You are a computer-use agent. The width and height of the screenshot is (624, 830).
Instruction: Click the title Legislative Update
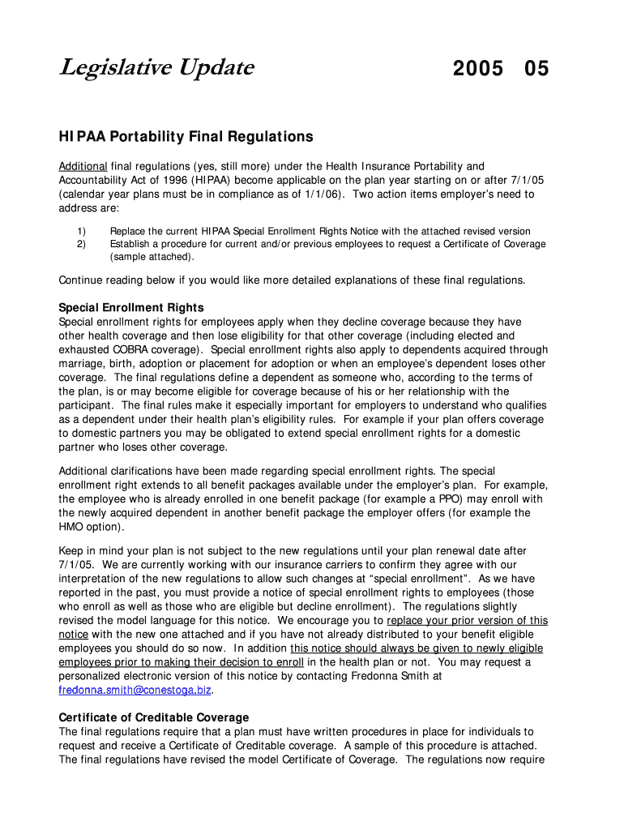[156, 67]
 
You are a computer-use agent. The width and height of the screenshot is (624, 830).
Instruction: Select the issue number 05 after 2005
[536, 69]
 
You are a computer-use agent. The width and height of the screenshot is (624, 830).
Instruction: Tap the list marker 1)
[81, 231]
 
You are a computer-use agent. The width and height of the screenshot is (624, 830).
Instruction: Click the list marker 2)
[81, 244]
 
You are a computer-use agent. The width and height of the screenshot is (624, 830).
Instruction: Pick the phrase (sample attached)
[152, 257]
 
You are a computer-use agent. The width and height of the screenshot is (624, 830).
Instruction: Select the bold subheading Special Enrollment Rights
[131, 307]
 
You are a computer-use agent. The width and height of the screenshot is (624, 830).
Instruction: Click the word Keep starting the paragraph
[71, 550]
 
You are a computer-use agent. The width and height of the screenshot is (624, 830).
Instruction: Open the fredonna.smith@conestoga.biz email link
[135, 690]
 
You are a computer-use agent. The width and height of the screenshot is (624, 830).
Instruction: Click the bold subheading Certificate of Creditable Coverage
[154, 717]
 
